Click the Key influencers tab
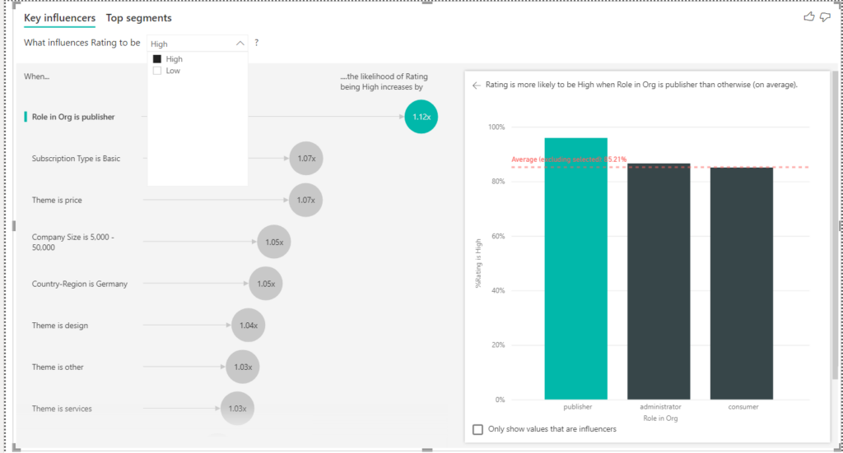(59, 18)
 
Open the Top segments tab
(138, 18)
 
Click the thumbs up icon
(808, 17)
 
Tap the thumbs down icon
(825, 17)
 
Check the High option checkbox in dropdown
(157, 59)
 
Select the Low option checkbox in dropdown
(157, 71)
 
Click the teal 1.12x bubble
(421, 117)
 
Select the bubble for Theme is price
(306, 200)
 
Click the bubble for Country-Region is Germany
(265, 284)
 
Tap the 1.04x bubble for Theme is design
(248, 326)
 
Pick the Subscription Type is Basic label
(76, 159)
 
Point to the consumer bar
(742, 283)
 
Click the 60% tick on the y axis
(496, 236)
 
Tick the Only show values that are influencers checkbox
(478, 429)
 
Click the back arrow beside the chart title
(476, 85)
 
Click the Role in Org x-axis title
(660, 418)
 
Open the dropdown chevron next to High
(240, 44)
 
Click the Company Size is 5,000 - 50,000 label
(72, 242)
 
